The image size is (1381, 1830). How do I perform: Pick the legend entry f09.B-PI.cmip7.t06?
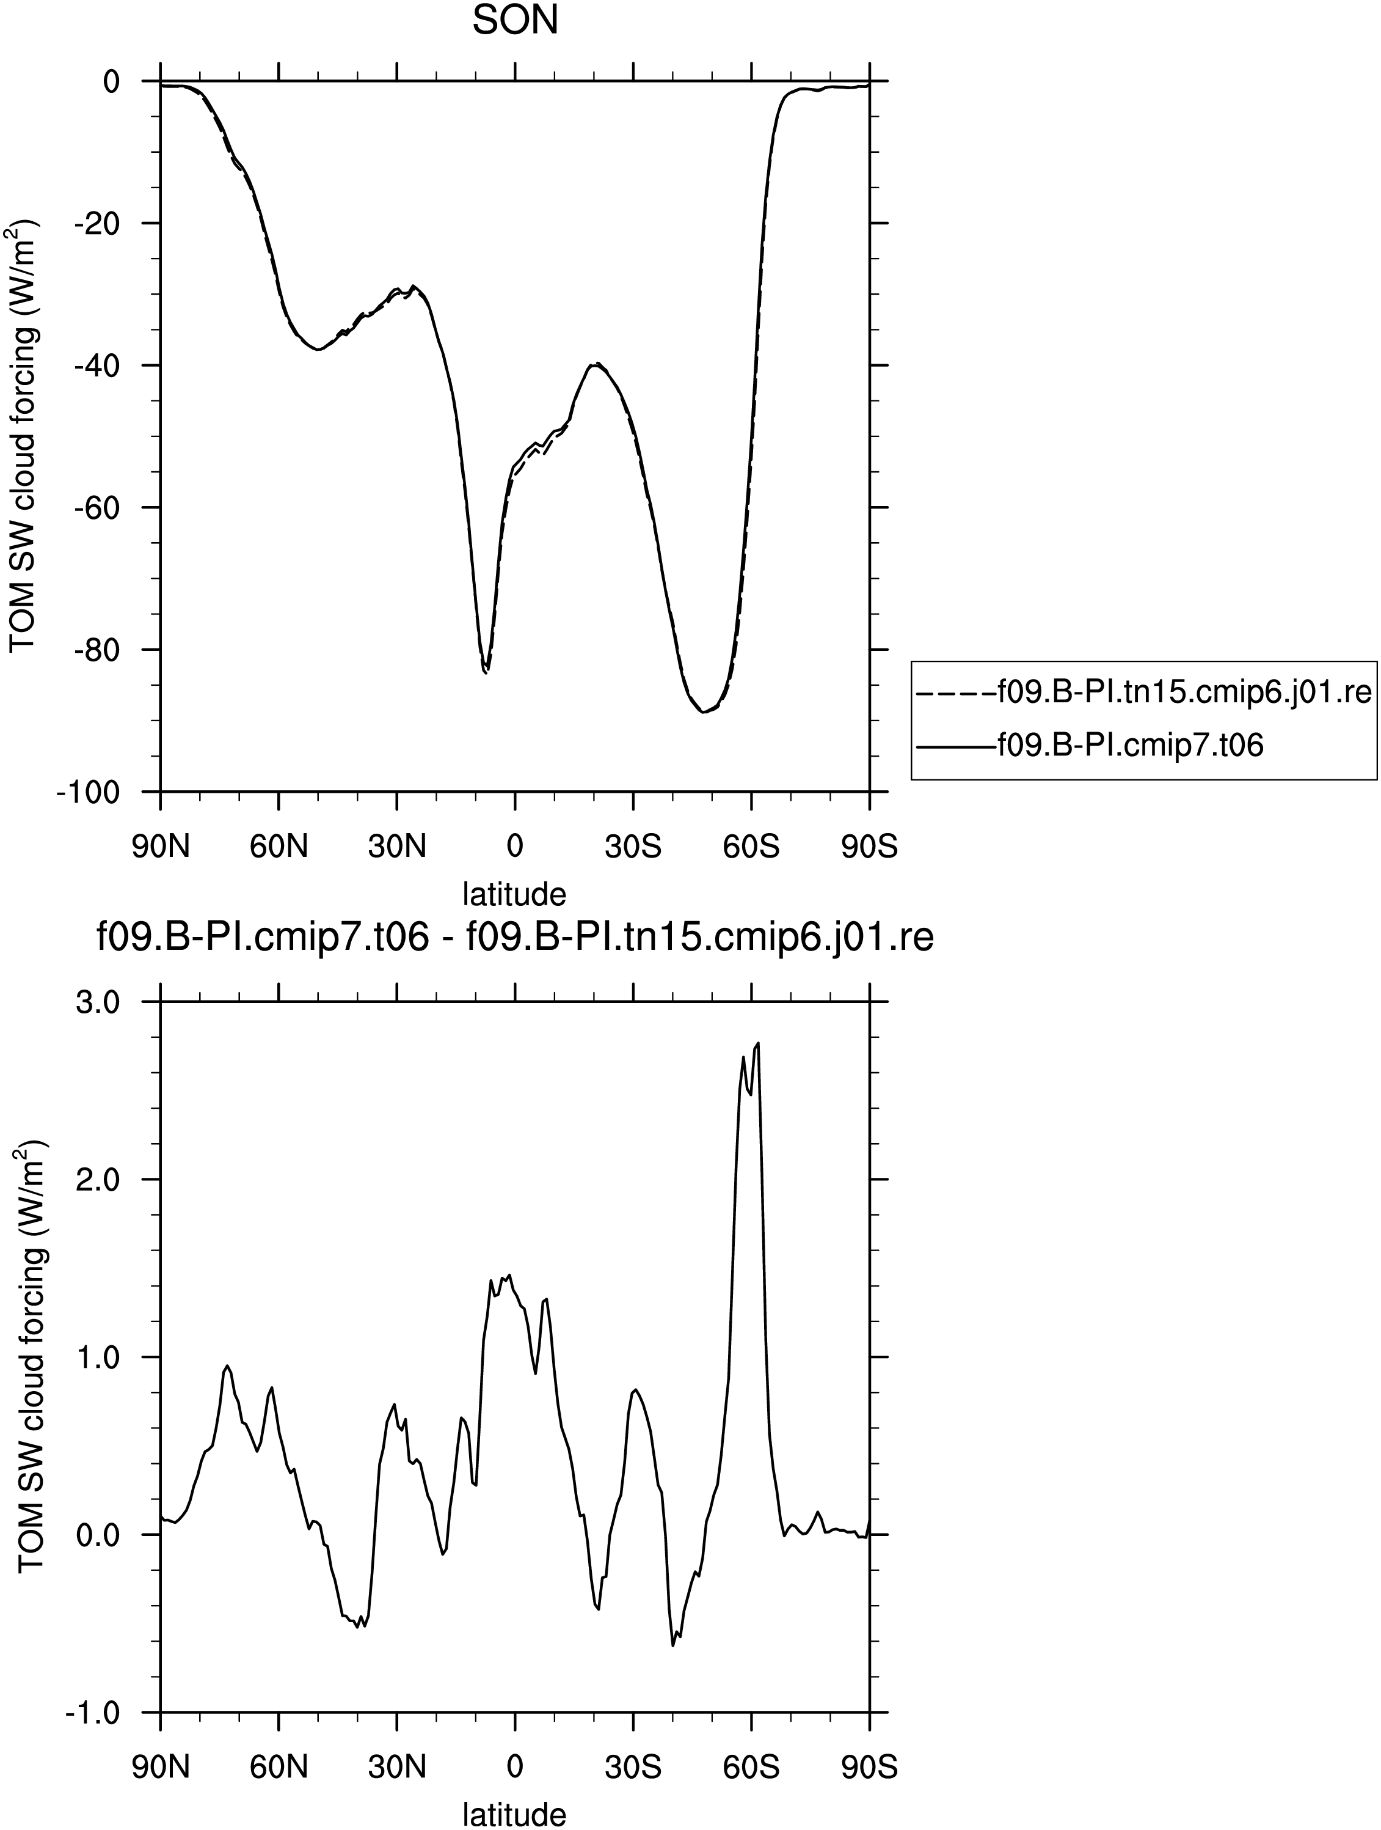tap(1091, 746)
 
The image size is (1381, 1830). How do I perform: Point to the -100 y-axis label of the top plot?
tap(89, 792)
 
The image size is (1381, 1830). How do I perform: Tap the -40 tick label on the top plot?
tap(97, 365)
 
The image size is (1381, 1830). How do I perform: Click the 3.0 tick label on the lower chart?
tap(99, 1002)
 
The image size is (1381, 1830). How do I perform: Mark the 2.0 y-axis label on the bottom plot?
tap(99, 1179)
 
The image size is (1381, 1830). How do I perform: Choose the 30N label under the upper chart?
tap(397, 847)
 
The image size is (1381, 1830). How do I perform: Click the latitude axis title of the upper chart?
tap(514, 894)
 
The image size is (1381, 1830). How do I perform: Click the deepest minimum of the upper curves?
tap(703, 711)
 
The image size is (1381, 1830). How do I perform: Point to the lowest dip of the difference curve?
tap(673, 1645)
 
